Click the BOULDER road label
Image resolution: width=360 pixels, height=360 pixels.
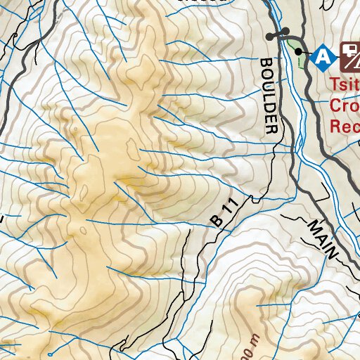[269, 96]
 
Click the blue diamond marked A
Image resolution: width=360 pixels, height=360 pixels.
[323, 53]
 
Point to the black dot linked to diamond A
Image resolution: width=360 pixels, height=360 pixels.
[299, 51]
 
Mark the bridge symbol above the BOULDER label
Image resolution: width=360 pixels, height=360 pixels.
[277, 34]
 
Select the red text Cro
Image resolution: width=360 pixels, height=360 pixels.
[345, 106]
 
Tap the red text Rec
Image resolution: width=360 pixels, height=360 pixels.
[345, 127]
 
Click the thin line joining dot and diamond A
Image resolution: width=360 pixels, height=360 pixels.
[307, 52]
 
